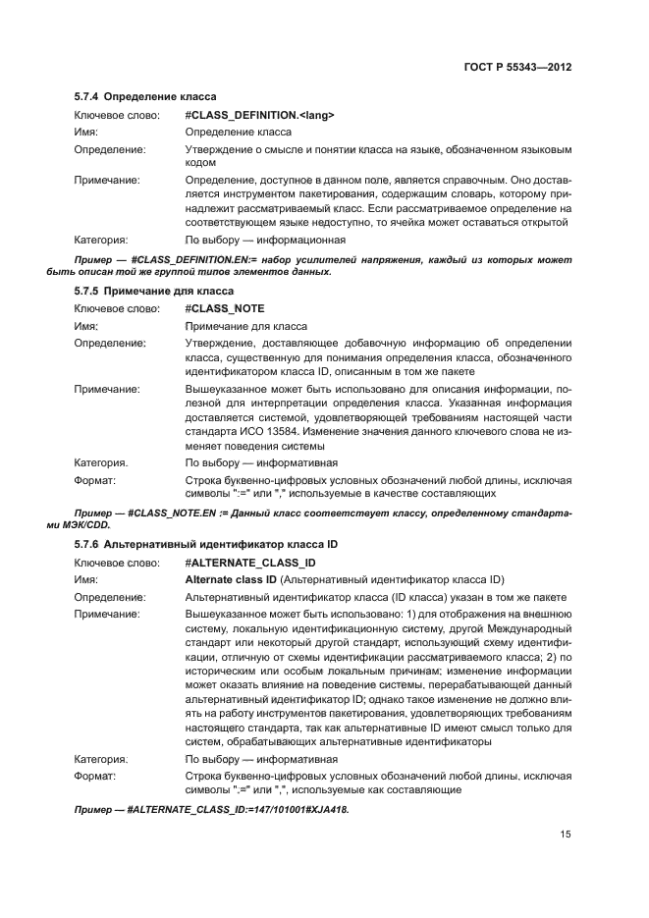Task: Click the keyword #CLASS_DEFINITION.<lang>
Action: pos(259,115)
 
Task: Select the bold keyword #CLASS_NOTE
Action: pos(224,308)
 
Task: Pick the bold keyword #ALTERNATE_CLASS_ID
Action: pos(249,562)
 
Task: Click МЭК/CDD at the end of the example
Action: pos(92,524)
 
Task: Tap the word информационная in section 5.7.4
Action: pos(299,239)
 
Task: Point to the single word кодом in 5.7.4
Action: pos(200,163)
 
